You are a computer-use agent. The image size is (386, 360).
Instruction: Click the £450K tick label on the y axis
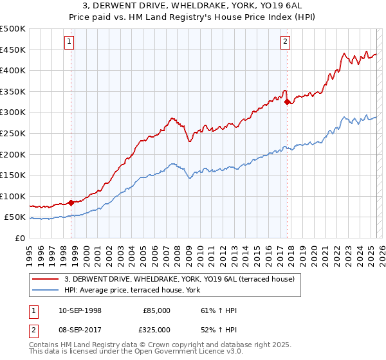coord(14,50)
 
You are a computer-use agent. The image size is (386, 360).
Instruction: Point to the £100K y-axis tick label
coord(14,196)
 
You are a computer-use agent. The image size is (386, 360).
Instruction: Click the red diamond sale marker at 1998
coord(71,203)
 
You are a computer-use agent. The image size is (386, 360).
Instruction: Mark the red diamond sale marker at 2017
coord(287,101)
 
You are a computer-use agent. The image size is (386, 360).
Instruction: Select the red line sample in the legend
coord(45,279)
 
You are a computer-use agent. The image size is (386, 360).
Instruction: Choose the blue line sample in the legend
coord(45,290)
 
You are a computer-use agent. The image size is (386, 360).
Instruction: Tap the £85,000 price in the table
coord(156,310)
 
